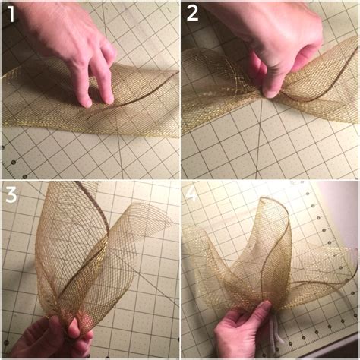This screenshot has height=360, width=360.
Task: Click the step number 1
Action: (x=11, y=14)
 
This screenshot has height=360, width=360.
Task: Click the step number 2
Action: (x=192, y=14)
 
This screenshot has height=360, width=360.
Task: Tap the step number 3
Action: (x=11, y=196)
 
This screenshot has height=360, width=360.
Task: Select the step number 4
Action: (x=192, y=196)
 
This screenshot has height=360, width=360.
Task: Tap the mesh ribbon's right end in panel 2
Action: (x=349, y=99)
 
